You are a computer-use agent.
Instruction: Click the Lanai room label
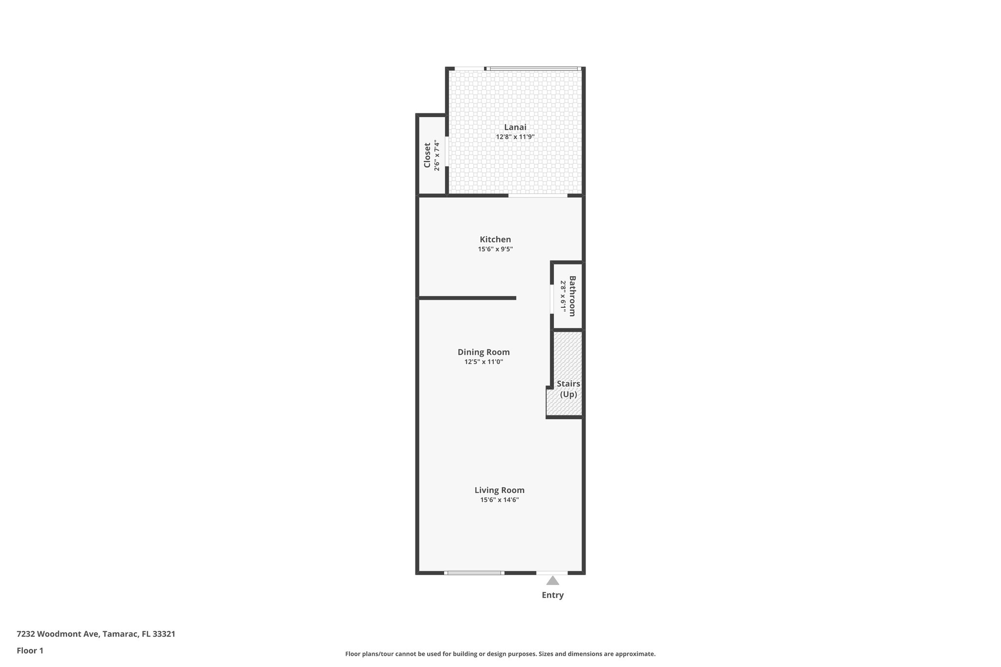(x=515, y=127)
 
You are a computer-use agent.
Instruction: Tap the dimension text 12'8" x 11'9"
(x=515, y=137)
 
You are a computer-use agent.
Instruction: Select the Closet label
(x=427, y=155)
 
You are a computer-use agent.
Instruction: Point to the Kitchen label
(x=495, y=239)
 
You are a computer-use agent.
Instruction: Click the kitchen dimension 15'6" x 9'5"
(x=495, y=249)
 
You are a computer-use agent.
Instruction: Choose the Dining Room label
(x=483, y=352)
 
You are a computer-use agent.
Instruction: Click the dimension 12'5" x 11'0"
(x=483, y=362)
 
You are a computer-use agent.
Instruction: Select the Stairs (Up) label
(x=568, y=389)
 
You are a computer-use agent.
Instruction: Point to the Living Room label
(x=499, y=490)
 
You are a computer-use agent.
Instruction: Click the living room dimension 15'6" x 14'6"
(x=499, y=500)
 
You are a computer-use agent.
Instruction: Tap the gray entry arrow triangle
(x=552, y=581)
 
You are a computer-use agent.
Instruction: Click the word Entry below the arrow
(x=552, y=595)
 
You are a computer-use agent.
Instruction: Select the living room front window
(x=474, y=573)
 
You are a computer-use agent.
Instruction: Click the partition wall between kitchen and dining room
(x=467, y=298)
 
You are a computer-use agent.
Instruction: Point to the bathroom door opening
(x=551, y=299)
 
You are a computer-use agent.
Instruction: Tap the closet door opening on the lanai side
(x=447, y=151)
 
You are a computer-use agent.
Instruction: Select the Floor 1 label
(x=30, y=650)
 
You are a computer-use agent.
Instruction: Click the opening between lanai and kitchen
(x=538, y=196)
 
